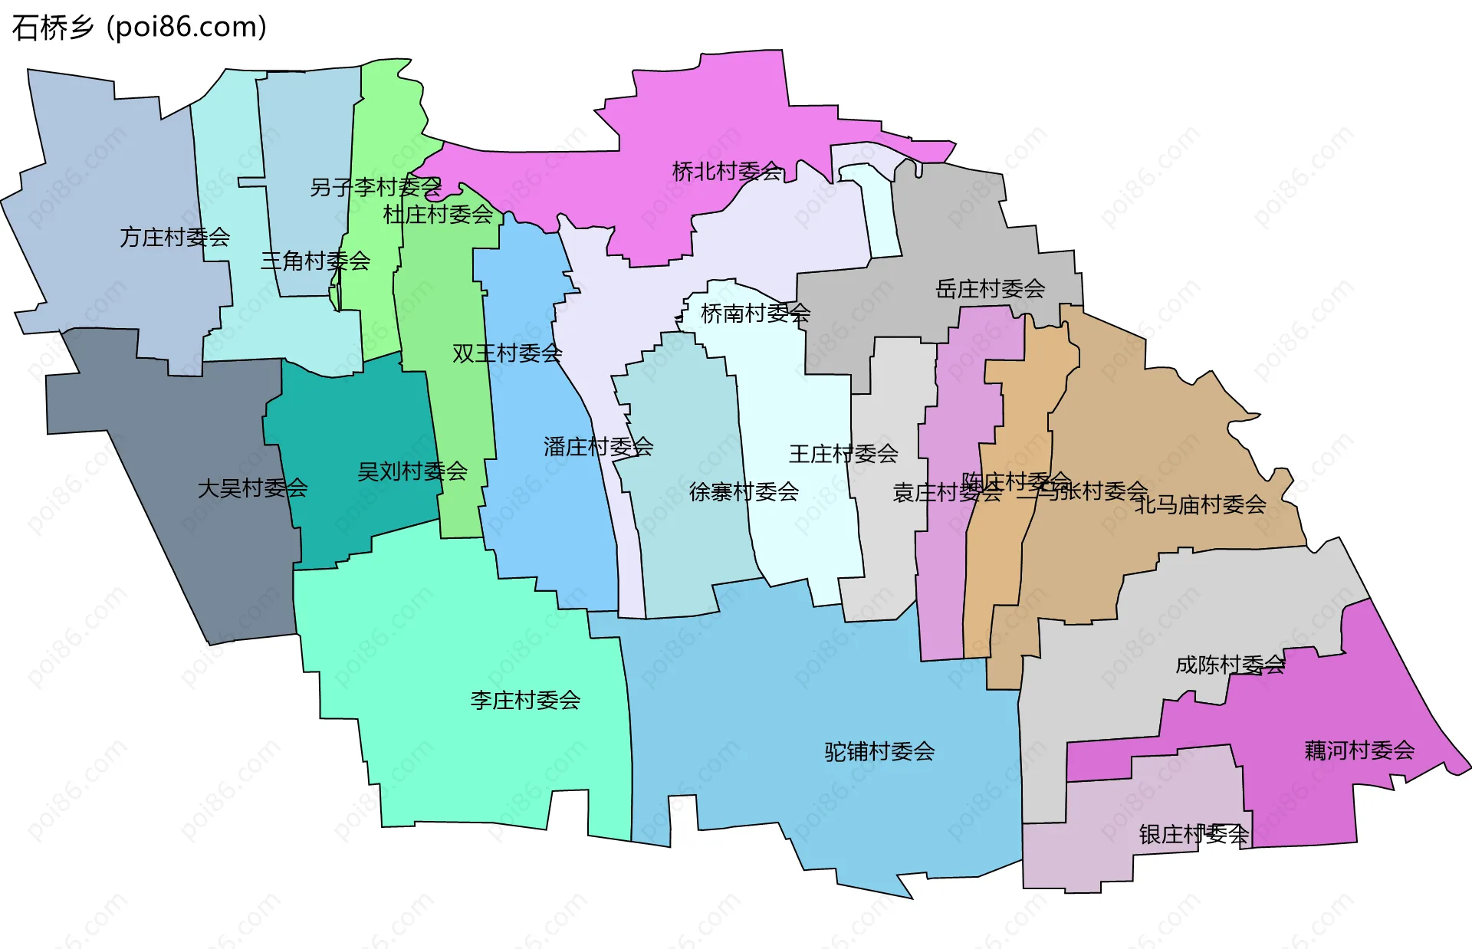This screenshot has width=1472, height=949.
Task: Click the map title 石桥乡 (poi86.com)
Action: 139,28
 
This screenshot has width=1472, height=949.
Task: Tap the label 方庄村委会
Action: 175,238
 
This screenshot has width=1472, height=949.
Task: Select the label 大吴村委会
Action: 252,488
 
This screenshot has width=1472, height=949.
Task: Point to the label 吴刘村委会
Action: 412,471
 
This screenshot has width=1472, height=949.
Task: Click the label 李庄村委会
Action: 525,700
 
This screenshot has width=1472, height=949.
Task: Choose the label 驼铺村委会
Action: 879,751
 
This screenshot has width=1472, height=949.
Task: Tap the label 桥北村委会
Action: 727,171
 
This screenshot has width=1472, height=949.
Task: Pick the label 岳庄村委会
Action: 991,289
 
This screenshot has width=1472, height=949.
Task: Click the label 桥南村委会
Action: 755,313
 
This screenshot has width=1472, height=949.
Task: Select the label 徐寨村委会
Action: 744,491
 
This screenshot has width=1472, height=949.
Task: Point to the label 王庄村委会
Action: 843,454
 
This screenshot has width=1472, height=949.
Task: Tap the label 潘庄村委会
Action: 598,447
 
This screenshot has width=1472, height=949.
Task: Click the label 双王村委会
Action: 507,353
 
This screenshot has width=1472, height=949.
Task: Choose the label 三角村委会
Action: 315,261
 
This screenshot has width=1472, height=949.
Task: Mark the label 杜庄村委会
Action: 438,215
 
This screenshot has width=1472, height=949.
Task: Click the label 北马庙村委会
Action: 1200,504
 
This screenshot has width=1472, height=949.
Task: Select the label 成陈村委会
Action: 1230,665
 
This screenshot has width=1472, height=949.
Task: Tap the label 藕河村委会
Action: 1359,750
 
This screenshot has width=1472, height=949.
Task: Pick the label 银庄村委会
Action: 1194,834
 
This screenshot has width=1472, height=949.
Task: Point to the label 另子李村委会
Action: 376,187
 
